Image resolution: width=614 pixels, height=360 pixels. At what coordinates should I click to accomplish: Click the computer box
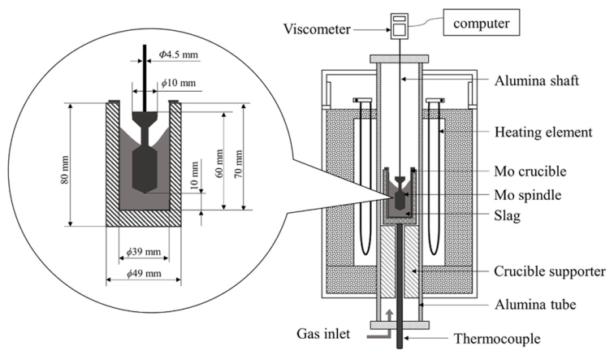point(482,23)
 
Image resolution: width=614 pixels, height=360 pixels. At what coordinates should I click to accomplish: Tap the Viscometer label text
point(317,29)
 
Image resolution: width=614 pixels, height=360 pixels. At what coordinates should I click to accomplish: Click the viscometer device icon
point(400,26)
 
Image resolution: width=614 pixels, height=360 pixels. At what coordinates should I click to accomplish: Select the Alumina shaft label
point(536,80)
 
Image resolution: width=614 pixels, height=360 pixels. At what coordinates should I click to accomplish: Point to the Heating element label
point(543,132)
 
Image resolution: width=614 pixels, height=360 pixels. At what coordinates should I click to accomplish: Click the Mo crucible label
point(530,171)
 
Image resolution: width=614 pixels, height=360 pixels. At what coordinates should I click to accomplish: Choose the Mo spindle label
point(527,195)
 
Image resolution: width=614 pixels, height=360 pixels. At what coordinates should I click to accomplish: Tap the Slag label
point(507,215)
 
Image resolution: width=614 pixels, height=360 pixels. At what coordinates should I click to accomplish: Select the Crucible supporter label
point(549,271)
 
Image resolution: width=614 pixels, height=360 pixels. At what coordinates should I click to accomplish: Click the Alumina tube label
point(535,305)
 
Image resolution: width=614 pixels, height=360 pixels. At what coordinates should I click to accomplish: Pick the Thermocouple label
point(497,338)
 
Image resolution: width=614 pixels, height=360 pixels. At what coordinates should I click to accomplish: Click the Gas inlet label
point(323,334)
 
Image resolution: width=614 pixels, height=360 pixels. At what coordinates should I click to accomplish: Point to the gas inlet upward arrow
point(389,315)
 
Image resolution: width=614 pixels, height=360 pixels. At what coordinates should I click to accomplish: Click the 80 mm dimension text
point(65,170)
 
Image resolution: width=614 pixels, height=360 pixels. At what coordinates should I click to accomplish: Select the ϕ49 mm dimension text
point(144,273)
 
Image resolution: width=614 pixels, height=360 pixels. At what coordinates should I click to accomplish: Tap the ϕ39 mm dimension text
point(143,251)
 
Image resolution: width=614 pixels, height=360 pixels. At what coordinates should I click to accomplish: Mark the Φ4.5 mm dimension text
point(178,54)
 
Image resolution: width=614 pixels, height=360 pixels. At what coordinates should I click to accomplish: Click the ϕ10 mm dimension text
point(178,83)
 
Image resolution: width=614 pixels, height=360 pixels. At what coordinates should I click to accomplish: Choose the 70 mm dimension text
point(238,163)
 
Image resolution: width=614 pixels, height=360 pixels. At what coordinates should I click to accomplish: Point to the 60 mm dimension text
point(219,163)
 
